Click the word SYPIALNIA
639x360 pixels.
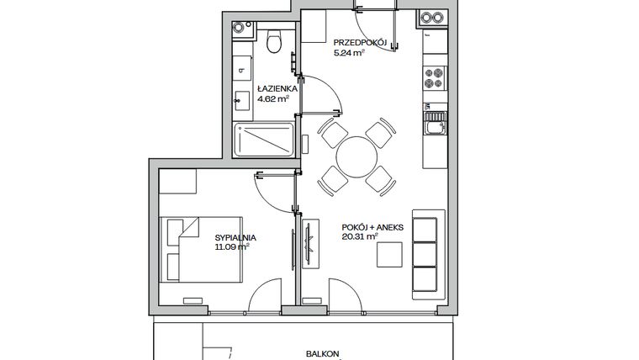pyautogui.click(x=235, y=238)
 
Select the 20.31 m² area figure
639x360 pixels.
pyautogui.click(x=360, y=237)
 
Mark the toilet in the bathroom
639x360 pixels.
pyautogui.click(x=273, y=41)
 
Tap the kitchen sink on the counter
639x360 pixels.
pyautogui.click(x=435, y=129)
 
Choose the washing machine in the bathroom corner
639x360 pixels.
pyautogui.click(x=241, y=29)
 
